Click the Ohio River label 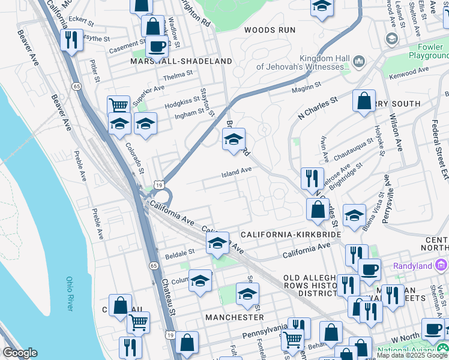70,293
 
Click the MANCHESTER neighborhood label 234,317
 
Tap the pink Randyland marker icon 442,265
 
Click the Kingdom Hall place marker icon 359,62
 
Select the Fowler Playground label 429,50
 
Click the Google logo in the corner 20,353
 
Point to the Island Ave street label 237,172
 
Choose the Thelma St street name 178,74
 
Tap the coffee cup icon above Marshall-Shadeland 157,46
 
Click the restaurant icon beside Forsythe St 71,40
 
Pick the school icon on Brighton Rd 234,139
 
